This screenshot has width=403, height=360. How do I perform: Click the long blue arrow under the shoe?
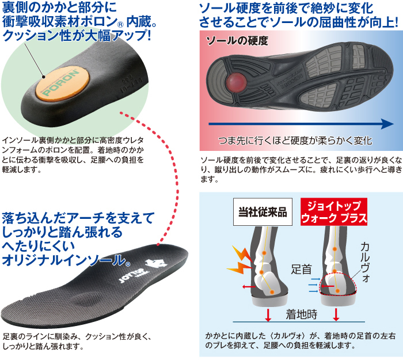299,123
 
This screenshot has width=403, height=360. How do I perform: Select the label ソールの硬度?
238,41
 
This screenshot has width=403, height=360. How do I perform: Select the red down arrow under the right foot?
337,314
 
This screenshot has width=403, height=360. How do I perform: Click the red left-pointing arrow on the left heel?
248,286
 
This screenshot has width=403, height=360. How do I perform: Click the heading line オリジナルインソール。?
65,259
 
